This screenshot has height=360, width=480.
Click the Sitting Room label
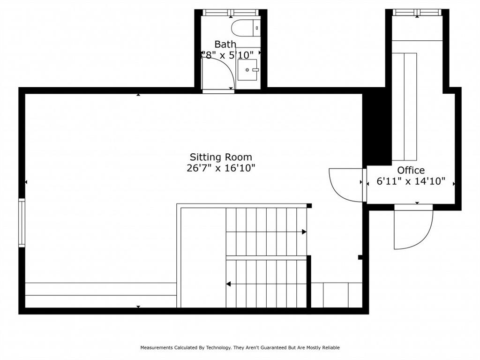[x=220, y=157]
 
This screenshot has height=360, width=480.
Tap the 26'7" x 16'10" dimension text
[x=220, y=168]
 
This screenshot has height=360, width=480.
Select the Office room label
[x=411, y=170]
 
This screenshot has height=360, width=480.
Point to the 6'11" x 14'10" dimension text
[x=411, y=181]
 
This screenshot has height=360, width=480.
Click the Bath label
[x=225, y=44]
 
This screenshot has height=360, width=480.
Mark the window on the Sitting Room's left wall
[x=22, y=223]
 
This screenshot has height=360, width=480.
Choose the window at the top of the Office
[x=417, y=12]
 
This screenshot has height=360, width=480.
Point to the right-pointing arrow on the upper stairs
[x=304, y=232]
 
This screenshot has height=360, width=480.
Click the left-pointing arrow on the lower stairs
[x=229, y=284]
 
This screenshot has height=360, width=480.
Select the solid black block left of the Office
[x=377, y=127]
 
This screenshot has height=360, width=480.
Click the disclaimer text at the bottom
[x=240, y=347]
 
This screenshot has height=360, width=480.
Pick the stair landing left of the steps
[x=202, y=258]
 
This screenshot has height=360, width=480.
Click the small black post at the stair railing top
[x=309, y=205]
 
